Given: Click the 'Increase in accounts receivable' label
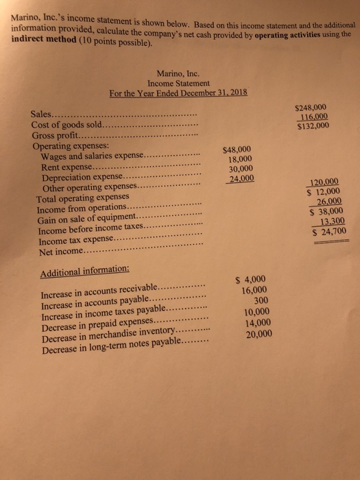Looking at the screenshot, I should click(99, 291).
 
